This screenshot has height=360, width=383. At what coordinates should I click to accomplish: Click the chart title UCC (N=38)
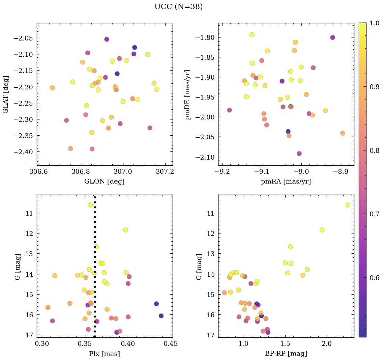click(178, 7)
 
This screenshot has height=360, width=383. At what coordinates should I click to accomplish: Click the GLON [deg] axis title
click(105, 182)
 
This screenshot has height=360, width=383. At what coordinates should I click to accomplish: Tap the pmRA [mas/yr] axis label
click(286, 182)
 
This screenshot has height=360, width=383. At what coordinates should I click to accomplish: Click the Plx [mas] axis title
click(104, 354)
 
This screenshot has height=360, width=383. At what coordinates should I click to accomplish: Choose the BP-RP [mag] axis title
click(286, 354)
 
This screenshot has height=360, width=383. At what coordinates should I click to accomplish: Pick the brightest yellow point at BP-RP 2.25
click(348, 205)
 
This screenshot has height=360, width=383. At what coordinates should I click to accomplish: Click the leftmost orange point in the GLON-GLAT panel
click(52, 88)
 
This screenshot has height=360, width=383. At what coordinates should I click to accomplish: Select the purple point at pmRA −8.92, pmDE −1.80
click(332, 37)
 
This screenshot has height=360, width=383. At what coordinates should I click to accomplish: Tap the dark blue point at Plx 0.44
click(161, 316)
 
